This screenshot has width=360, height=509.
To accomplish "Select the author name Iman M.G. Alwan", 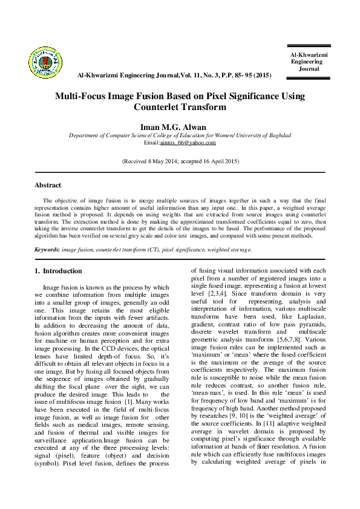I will coord(180,126).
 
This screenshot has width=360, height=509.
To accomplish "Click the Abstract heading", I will coord(48,185).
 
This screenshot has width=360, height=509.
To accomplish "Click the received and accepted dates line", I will coord(180,161).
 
